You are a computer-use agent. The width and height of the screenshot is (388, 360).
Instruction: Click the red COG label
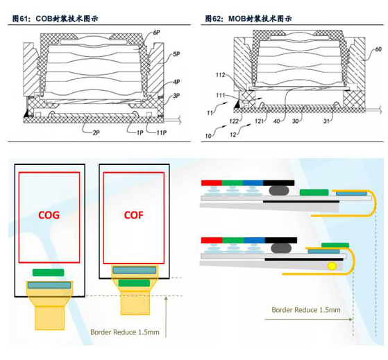(49, 214)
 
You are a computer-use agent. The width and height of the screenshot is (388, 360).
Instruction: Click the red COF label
(134, 214)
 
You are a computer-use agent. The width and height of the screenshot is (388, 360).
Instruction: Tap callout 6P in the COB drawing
(156, 33)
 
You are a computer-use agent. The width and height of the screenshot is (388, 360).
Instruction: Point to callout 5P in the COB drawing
(176, 54)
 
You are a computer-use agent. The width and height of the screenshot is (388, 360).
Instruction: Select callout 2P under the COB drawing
(96, 132)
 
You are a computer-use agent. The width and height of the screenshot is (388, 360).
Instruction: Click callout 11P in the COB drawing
(161, 132)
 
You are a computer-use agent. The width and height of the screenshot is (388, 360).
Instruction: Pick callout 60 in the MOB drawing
(378, 49)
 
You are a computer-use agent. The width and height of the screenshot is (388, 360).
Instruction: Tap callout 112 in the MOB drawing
(220, 75)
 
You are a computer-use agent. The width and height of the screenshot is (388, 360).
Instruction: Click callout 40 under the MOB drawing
(277, 121)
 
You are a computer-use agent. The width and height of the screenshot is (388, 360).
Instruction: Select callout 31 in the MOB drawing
(327, 121)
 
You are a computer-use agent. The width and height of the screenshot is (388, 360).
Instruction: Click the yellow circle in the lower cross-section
(332, 266)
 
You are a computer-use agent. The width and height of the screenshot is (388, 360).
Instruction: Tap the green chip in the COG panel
(49, 273)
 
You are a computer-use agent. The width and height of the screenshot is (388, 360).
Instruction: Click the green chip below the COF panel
(134, 283)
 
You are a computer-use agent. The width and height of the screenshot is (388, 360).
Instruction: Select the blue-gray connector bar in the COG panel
(49, 285)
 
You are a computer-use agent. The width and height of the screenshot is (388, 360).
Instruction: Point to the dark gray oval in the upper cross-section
(279, 190)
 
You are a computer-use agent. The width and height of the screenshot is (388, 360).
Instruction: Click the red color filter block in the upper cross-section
(212, 183)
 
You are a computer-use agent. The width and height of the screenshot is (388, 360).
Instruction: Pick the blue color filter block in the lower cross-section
(254, 240)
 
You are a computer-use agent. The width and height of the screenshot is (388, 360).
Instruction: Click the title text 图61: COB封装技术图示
(56, 19)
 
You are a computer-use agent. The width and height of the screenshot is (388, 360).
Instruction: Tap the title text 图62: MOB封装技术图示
(248, 19)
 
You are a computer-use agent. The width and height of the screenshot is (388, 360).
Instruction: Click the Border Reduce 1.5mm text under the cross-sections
(306, 310)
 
